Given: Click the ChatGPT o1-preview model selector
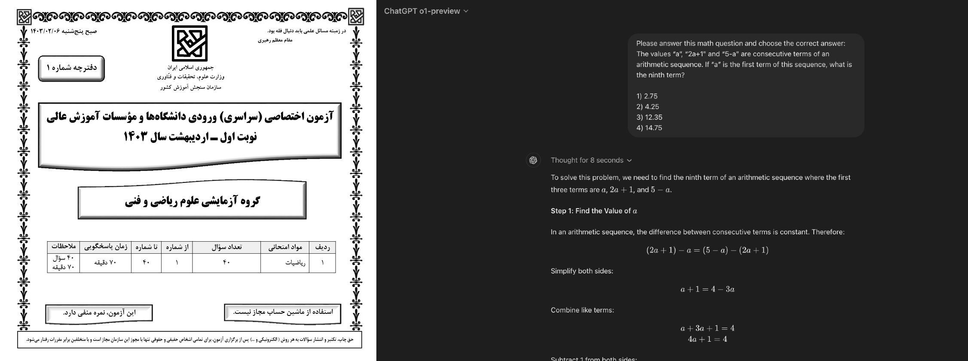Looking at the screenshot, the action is click(x=426, y=11).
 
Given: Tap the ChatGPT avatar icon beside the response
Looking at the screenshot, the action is click(x=533, y=160).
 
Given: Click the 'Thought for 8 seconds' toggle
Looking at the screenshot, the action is click(x=591, y=160).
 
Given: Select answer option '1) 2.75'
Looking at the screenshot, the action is click(x=647, y=96).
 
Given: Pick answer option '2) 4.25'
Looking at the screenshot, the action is click(x=647, y=106).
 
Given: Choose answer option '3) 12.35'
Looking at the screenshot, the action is click(x=649, y=117).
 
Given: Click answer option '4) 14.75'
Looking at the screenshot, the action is click(x=649, y=127).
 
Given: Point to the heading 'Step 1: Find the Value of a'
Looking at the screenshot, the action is click(x=594, y=211).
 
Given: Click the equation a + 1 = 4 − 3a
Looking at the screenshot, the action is click(x=707, y=289).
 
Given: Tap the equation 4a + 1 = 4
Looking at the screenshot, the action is click(x=707, y=339).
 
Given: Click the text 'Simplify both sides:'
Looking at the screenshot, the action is click(x=582, y=271).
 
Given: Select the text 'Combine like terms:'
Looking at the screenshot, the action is click(x=582, y=310).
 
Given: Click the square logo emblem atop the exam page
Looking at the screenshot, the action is click(x=189, y=43).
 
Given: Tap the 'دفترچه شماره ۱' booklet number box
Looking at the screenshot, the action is click(x=71, y=68).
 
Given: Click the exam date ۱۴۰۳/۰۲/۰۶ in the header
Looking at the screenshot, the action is click(x=45, y=31).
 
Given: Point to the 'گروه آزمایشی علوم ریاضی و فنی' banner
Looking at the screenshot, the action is click(x=192, y=200).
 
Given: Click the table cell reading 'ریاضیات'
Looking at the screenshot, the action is click(x=295, y=263).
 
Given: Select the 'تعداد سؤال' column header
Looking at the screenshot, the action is click(x=226, y=247).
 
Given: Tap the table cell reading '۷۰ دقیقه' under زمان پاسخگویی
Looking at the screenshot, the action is click(x=105, y=262).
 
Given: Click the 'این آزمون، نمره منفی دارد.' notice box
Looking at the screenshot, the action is click(x=99, y=313).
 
